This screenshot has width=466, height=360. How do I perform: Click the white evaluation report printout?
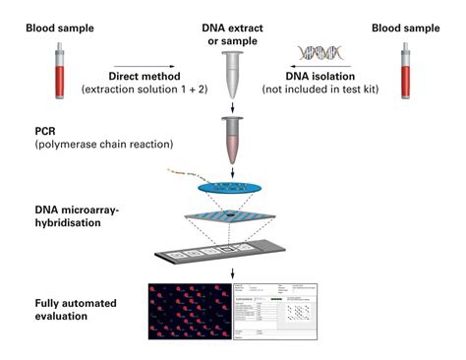click(279, 316)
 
